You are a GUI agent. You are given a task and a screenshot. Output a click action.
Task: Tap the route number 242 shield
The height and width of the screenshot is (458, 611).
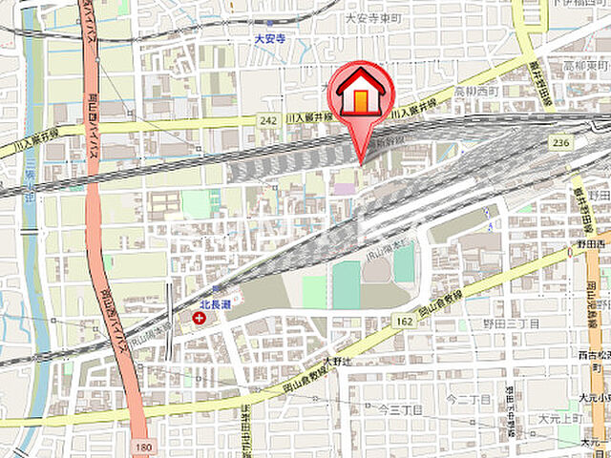[x=270, y=118]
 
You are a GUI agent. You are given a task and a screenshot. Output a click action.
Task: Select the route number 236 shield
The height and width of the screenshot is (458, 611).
[x=561, y=142]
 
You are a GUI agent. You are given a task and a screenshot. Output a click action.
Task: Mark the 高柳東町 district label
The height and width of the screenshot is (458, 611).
[x=583, y=68]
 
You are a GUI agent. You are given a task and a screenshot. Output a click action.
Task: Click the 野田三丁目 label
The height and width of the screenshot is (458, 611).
[x=512, y=324]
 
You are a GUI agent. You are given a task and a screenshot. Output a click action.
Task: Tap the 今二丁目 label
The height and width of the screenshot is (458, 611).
[x=468, y=398]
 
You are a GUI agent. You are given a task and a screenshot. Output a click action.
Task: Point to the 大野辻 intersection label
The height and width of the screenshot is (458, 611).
[x=339, y=361]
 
